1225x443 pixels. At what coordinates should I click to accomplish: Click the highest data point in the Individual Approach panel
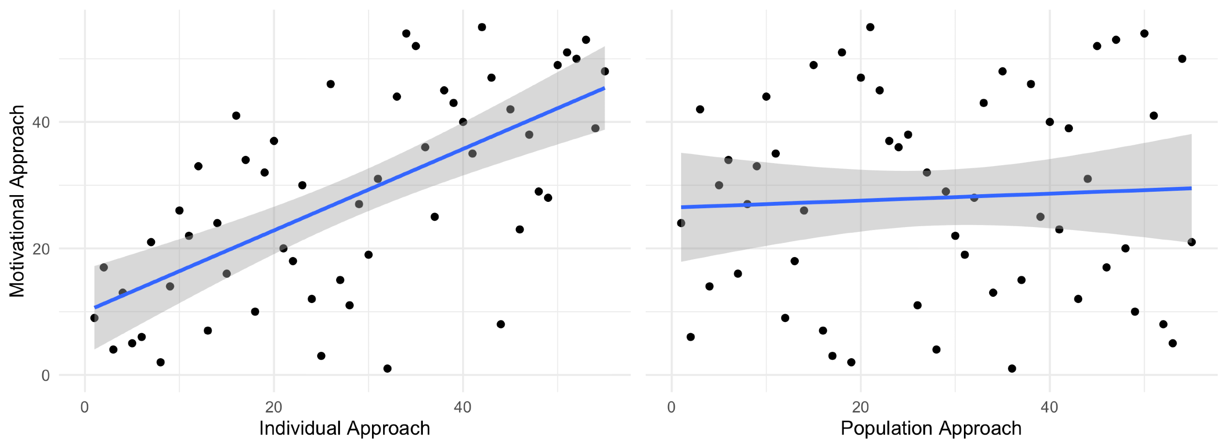pos(481,27)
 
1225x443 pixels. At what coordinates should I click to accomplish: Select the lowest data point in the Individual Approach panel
pos(387,368)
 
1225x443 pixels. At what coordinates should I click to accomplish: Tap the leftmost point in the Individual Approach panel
pos(94,318)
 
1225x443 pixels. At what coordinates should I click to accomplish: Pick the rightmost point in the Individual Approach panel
pos(605,72)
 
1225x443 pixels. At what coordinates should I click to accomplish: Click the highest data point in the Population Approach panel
pos(870,27)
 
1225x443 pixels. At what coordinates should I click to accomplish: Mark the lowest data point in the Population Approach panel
pos(1012,368)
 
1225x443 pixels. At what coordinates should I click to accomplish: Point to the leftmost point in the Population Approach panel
pos(681,223)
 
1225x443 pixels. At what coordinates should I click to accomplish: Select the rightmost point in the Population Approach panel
pos(1192,242)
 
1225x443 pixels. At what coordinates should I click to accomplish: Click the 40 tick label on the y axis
pos(41,122)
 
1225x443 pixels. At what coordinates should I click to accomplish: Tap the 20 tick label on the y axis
pos(41,249)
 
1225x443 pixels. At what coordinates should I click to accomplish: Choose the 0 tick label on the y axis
pos(46,376)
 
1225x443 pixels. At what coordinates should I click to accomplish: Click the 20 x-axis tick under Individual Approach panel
pos(274,407)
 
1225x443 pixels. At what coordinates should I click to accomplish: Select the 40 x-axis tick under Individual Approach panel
pos(463,407)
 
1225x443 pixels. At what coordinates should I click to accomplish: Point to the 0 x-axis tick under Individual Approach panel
pos(85,407)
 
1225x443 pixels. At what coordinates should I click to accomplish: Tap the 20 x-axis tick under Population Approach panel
pos(860,407)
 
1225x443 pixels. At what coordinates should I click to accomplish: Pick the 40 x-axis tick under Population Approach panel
pos(1049,407)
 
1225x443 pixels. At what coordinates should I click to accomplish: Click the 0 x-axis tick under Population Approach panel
pos(671,407)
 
